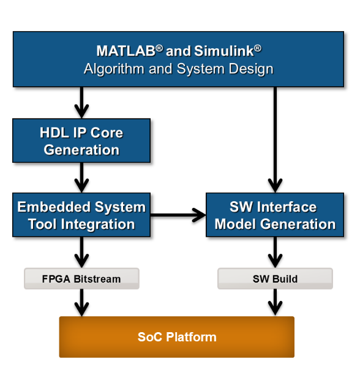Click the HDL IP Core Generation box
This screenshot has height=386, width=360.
coord(81,141)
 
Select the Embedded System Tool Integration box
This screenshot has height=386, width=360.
coord(81,215)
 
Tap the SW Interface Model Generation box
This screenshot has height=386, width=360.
coord(275,215)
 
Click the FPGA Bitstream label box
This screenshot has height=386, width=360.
coord(81,278)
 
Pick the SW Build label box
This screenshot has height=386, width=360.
coord(275,278)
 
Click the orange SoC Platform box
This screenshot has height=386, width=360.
coord(177,337)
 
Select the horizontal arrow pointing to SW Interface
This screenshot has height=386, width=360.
coord(178,215)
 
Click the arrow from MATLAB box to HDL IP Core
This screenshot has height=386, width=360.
coord(81,102)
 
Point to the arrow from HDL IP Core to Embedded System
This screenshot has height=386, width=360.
coord(81,177)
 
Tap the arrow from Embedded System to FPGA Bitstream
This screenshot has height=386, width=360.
coord(81,252)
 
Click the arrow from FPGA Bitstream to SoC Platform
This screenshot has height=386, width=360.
coord(81,303)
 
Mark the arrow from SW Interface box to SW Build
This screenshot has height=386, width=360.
coord(275,252)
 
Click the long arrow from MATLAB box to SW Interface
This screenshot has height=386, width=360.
coord(275,140)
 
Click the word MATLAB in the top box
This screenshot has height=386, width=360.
coord(126,51)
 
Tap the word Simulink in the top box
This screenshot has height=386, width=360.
coord(224,51)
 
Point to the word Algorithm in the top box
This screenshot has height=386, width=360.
coord(114,69)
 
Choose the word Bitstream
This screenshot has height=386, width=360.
coord(97,279)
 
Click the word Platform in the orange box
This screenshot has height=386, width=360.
coord(191,337)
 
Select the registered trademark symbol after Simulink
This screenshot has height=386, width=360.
coord(258,48)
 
